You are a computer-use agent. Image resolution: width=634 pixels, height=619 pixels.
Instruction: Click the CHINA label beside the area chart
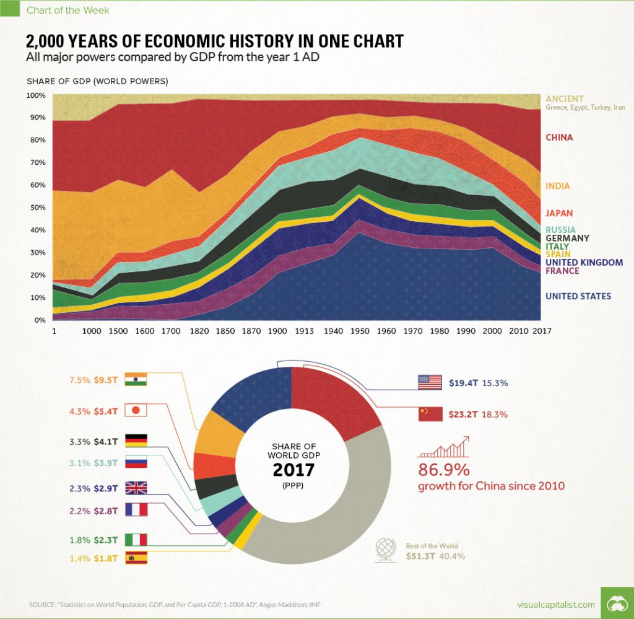click(558, 138)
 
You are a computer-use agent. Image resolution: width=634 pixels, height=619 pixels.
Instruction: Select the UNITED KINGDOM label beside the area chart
click(584, 262)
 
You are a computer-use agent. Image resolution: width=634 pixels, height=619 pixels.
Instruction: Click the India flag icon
click(136, 380)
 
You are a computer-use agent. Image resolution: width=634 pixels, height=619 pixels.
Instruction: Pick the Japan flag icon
click(136, 410)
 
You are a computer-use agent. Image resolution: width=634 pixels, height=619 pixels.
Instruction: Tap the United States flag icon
click(430, 383)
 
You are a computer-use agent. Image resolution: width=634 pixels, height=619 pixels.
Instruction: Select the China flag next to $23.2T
click(430, 413)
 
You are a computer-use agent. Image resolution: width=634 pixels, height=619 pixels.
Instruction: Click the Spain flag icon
click(136, 558)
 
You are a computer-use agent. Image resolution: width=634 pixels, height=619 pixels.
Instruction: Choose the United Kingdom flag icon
click(136, 488)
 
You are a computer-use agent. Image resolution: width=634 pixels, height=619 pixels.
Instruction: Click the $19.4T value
click(462, 383)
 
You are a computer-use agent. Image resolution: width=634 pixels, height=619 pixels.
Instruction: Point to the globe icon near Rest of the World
click(386, 550)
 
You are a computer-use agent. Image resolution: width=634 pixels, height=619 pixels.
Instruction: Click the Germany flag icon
click(136, 441)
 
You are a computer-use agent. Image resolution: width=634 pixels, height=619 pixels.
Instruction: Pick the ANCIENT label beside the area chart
click(564, 99)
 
